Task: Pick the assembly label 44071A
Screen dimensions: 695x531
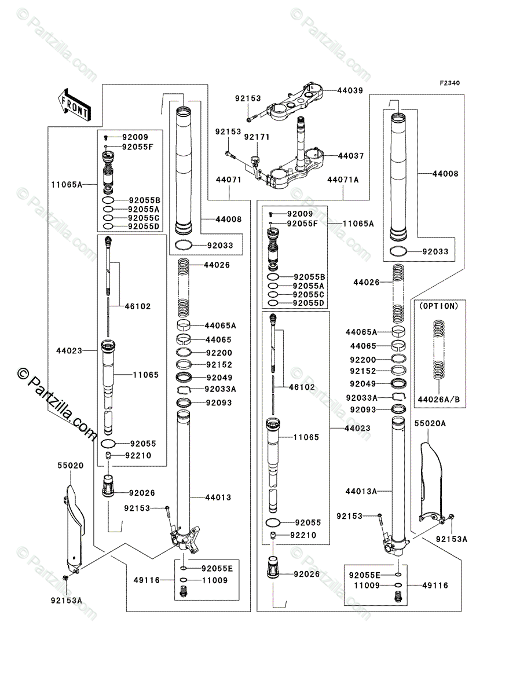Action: (x=342, y=180)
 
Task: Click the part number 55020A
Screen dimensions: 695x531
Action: (x=430, y=423)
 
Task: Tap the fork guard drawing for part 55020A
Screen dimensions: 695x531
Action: (x=431, y=475)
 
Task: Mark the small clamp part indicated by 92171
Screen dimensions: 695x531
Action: (x=254, y=159)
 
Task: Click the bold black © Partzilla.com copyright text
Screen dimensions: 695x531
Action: (x=57, y=406)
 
